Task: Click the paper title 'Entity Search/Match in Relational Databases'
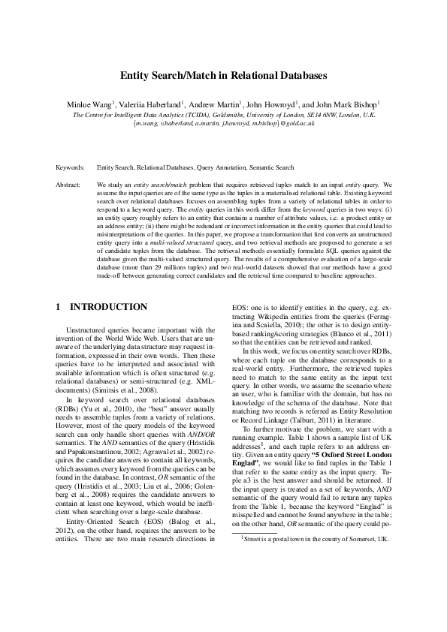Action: tap(223, 76)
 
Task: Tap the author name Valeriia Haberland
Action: tap(148, 103)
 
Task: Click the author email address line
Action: tap(223, 122)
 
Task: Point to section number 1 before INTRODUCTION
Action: tap(59, 307)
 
